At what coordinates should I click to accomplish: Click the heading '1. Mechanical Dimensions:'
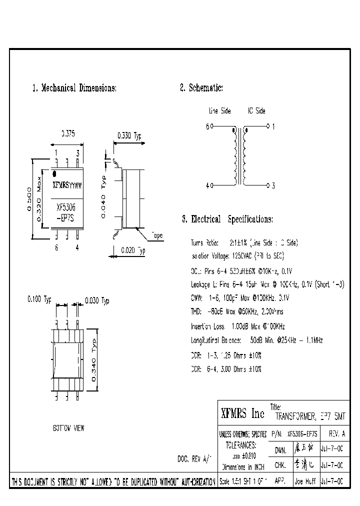click(74, 88)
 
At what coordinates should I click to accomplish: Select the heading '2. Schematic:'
click(201, 88)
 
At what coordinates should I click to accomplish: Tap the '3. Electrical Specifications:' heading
click(227, 219)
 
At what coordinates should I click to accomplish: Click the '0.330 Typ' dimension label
click(129, 135)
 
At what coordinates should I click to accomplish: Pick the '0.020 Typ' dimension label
click(132, 251)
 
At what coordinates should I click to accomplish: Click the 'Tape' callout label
click(157, 236)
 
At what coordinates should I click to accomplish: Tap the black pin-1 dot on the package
click(55, 174)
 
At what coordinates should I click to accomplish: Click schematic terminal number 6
click(207, 126)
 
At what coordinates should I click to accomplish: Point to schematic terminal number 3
click(273, 185)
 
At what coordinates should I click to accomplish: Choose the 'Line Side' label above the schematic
click(219, 111)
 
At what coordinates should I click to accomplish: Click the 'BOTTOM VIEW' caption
click(68, 428)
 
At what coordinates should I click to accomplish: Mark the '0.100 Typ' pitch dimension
click(39, 300)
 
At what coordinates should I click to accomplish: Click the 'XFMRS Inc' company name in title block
click(242, 414)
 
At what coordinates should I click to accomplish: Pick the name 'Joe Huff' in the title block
click(304, 481)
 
